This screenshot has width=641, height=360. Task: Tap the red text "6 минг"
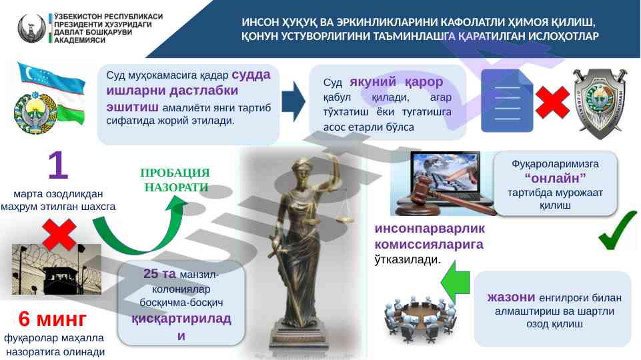(52, 319)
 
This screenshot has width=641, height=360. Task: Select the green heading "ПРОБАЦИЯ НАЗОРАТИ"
(175, 180)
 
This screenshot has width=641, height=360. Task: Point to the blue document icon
(507, 101)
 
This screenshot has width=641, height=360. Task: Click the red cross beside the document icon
(552, 102)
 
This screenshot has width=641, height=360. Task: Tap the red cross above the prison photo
(59, 235)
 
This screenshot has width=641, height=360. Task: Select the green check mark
(618, 230)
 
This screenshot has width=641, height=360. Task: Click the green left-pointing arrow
(455, 282)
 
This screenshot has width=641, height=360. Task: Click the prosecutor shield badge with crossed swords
(600, 103)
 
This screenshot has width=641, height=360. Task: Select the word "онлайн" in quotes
(555, 179)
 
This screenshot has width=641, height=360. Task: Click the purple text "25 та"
(159, 274)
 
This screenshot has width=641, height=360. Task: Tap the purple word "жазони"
(511, 297)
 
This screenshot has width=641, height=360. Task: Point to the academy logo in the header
(31, 28)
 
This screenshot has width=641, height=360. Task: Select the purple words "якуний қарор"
(396, 82)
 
